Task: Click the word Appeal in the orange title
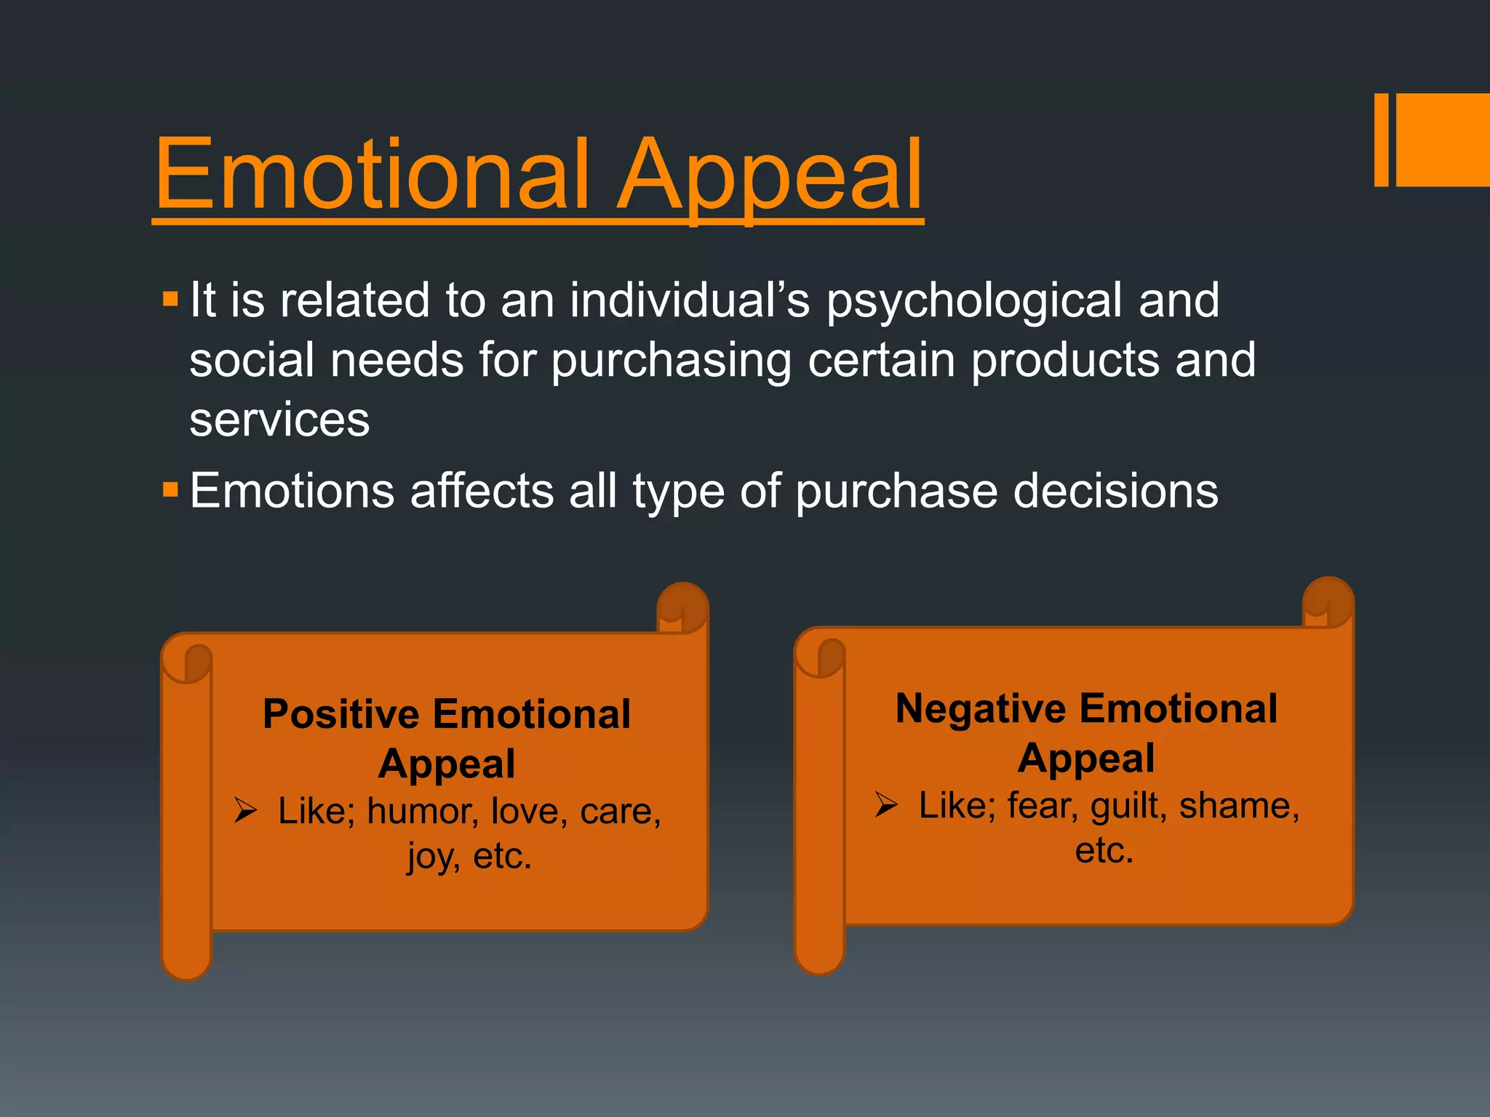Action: point(770,178)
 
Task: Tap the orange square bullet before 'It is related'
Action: point(170,299)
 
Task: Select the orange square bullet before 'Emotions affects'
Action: point(170,489)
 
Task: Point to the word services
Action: point(279,420)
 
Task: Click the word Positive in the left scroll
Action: point(340,713)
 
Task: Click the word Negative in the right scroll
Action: point(980,708)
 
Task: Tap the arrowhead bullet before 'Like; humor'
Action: point(245,810)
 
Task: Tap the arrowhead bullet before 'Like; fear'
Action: point(886,804)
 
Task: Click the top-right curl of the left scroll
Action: point(682,607)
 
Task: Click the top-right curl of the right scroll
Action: point(1327,601)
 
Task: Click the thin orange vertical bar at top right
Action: point(1381,140)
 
